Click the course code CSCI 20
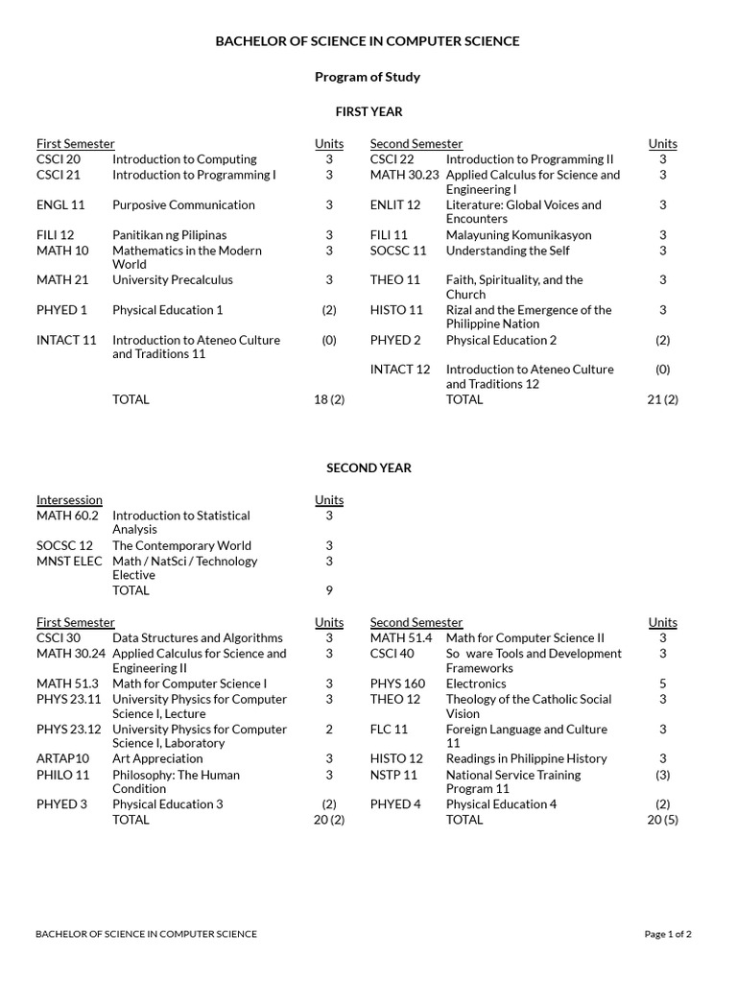coord(59,159)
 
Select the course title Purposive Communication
coord(183,204)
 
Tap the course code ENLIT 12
coord(395,204)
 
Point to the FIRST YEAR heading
coord(368,112)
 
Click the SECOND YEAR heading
coord(368,468)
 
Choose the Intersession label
coord(69,500)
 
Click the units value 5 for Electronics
coord(662,683)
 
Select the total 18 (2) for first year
coord(329,399)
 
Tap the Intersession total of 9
coord(329,590)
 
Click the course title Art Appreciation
coord(157,758)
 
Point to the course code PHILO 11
coord(63,775)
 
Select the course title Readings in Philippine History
coord(527,758)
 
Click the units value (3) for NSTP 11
coord(662,775)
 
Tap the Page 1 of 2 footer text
coord(668,934)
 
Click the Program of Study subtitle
coord(368,77)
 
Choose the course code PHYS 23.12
coord(66,730)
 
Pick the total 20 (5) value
coord(662,820)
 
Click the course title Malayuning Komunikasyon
coord(518,235)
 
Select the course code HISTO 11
coord(396,310)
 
